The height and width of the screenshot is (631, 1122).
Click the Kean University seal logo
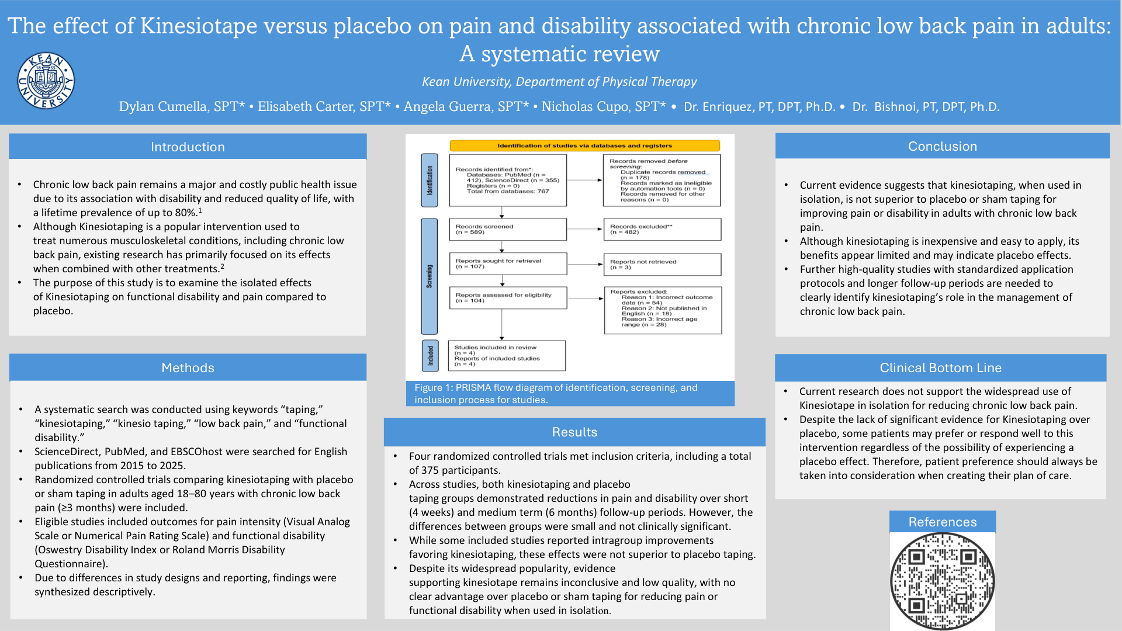(x=46, y=81)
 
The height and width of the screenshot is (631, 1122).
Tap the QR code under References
(x=942, y=581)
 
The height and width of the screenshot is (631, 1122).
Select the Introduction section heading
(x=188, y=147)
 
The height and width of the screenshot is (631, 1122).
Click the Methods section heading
(x=188, y=367)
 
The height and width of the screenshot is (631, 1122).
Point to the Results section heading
(x=574, y=432)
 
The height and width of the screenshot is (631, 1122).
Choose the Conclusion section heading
(x=942, y=146)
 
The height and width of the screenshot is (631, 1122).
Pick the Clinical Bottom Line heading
(x=940, y=367)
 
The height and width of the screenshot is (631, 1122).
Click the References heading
(x=942, y=522)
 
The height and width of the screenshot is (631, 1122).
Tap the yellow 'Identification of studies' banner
(x=584, y=145)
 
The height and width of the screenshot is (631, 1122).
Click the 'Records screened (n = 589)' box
(x=507, y=229)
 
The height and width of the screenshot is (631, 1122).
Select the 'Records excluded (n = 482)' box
(x=662, y=229)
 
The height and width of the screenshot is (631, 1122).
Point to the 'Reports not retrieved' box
(x=662, y=264)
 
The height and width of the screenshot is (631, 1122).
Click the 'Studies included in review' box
(x=506, y=355)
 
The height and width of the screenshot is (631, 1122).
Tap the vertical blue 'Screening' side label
(x=430, y=276)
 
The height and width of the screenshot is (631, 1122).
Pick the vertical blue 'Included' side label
(x=430, y=355)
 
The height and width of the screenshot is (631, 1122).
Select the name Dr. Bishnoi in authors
(x=926, y=106)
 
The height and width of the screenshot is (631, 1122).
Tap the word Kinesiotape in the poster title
(x=199, y=26)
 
